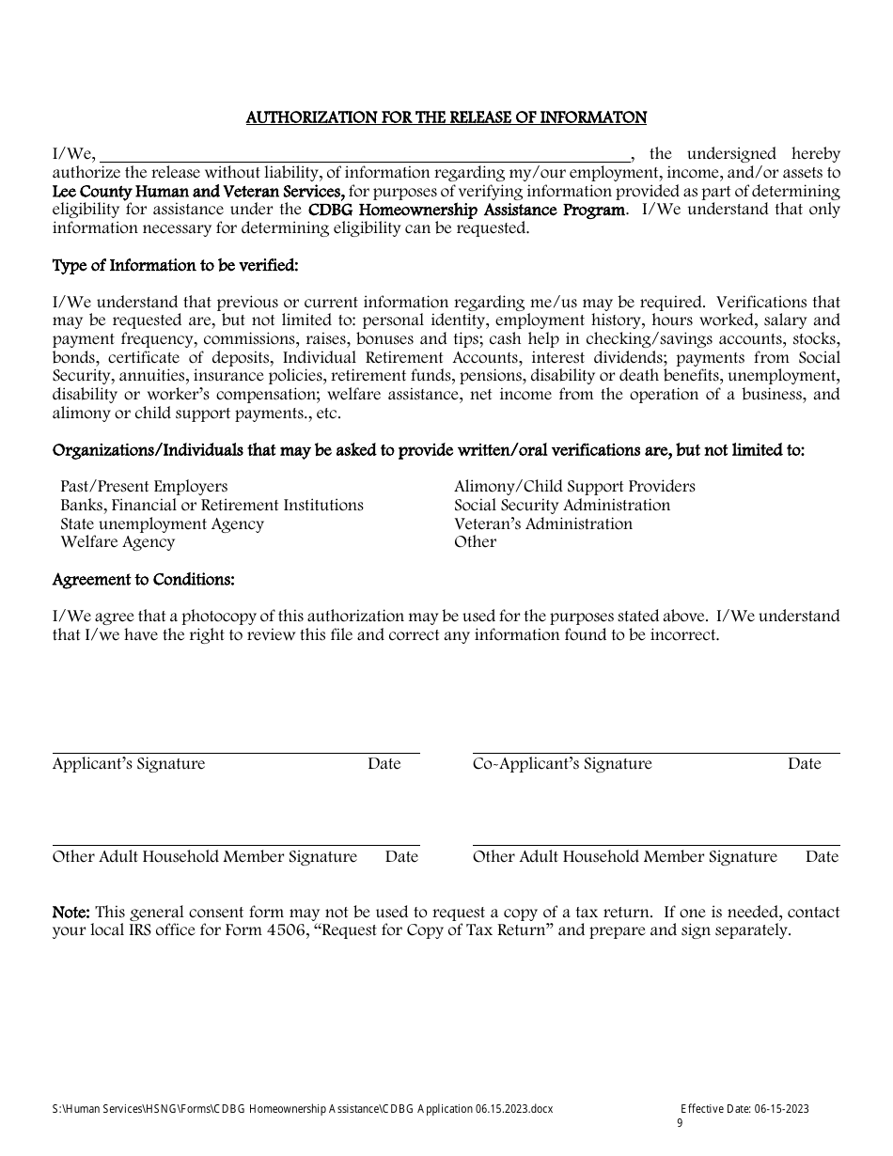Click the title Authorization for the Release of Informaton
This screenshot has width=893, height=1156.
(x=446, y=117)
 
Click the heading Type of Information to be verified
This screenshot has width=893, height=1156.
(x=176, y=265)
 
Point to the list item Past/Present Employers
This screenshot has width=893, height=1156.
(x=144, y=486)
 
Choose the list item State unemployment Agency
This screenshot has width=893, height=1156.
(x=162, y=523)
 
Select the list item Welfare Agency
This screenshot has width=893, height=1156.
(x=117, y=541)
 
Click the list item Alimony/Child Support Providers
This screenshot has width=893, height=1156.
(x=574, y=486)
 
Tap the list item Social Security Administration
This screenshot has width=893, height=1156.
(x=562, y=505)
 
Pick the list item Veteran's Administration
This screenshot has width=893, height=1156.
(x=543, y=523)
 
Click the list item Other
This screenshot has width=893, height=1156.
(x=475, y=541)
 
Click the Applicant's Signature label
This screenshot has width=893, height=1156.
(x=129, y=763)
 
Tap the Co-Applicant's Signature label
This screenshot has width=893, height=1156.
(x=562, y=763)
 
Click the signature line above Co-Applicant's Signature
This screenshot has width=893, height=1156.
(x=655, y=752)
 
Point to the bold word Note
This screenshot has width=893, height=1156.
(x=70, y=912)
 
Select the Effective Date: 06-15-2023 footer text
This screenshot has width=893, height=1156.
(x=744, y=1109)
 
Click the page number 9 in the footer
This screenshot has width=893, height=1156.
(x=680, y=1123)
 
